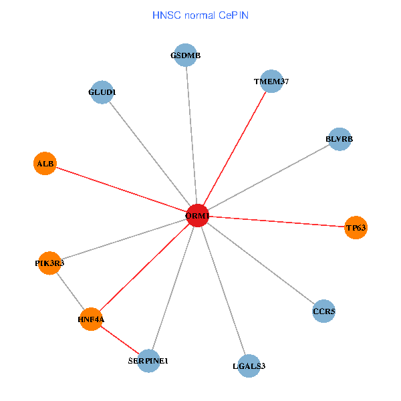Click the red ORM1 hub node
coord(197,216)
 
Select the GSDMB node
coord(186,55)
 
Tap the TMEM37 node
coord(271,82)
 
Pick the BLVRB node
coord(340,139)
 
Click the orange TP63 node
coord(356,228)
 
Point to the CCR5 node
coord(324,311)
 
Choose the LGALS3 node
coord(248,366)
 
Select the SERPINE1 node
coord(148,361)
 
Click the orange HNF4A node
coord(91,319)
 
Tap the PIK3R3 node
coord(49,263)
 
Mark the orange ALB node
coord(45,163)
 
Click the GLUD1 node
coord(102,92)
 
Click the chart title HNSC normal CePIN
coord(200,15)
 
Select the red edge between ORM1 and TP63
coord(276,222)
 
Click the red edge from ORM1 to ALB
coord(121,189)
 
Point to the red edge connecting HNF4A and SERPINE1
coord(120,340)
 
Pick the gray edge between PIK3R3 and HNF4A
coord(70,291)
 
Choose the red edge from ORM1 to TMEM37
coord(234,148)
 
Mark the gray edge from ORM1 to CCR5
coord(261,263)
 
